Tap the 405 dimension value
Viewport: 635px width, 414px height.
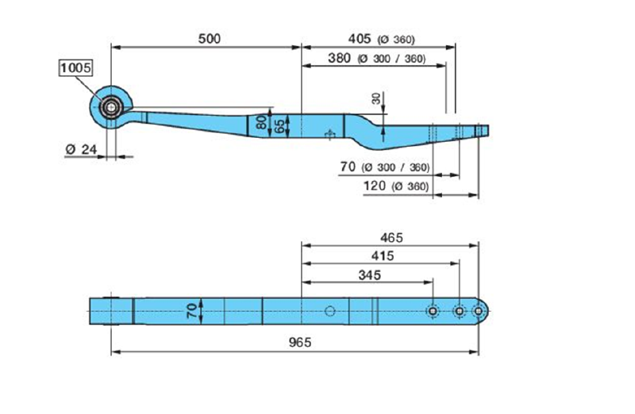[x=360, y=38]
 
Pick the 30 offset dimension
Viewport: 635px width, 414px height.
[x=375, y=99]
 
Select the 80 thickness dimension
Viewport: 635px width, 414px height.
[x=262, y=123]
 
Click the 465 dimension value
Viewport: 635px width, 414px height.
[x=391, y=237]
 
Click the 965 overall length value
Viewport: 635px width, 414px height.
[x=299, y=342]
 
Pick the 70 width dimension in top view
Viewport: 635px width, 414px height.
[x=191, y=309]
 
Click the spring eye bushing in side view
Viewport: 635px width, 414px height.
[x=111, y=106]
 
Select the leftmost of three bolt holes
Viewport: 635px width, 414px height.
[x=433, y=311]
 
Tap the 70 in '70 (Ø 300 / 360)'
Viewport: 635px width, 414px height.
[x=345, y=167]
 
